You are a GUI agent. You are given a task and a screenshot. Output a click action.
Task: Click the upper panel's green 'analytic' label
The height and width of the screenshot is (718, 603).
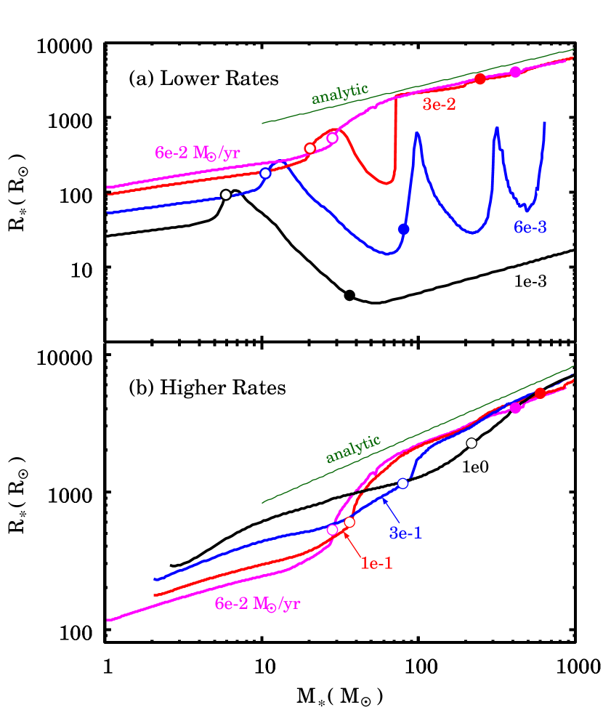(339, 93)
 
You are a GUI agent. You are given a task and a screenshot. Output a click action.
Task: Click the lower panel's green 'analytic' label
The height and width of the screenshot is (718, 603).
(352, 449)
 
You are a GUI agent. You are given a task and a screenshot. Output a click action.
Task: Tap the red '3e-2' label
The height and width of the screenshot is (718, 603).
(440, 105)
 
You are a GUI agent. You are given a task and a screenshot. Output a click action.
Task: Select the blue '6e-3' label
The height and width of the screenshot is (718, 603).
(530, 227)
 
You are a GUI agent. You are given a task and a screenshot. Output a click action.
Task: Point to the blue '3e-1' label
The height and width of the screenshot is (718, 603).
(405, 533)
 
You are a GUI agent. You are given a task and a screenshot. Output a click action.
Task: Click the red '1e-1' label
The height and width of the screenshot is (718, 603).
(376, 563)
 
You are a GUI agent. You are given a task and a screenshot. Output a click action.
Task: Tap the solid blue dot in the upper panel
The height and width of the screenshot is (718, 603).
(404, 229)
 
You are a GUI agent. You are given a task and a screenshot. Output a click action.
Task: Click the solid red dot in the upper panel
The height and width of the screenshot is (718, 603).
(479, 78)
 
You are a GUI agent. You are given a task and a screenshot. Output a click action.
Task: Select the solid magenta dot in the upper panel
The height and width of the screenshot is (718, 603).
(515, 71)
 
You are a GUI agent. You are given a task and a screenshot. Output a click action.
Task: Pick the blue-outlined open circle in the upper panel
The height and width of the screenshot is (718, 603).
(265, 173)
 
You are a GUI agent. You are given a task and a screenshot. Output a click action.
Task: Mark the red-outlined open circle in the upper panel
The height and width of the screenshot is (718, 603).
(309, 148)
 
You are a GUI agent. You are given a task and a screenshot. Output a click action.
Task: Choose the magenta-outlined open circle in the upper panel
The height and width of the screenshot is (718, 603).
(332, 138)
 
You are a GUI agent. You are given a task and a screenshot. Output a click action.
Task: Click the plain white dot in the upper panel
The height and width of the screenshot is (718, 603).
(226, 195)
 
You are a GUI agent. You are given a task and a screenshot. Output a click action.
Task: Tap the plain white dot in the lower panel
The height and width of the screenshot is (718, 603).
(472, 443)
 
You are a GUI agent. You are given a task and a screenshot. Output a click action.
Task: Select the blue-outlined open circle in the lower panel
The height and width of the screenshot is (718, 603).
(402, 483)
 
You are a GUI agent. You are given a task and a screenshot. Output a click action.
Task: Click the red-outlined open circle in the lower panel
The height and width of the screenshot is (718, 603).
(349, 522)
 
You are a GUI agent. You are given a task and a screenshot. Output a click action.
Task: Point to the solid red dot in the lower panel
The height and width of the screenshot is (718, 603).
(540, 393)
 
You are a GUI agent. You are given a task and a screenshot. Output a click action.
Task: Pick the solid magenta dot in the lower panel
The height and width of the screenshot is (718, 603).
(515, 408)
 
